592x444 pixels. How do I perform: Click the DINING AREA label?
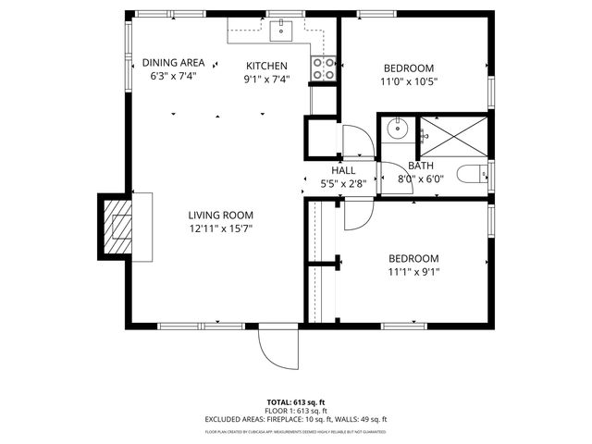(174, 64)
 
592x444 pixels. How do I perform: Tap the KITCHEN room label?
(266, 66)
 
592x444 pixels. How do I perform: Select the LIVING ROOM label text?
(221, 215)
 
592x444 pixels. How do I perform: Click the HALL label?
(343, 170)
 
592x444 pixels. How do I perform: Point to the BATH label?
(421, 166)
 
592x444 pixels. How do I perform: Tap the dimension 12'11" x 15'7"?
(221, 228)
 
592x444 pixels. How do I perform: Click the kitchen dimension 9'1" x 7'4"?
(266, 79)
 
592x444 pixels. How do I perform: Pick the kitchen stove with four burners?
(324, 68)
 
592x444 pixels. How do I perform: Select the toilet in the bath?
(472, 173)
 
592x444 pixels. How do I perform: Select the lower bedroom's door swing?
(357, 215)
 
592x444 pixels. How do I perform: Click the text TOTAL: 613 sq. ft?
(295, 403)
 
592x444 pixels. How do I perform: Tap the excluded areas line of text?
(295, 420)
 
